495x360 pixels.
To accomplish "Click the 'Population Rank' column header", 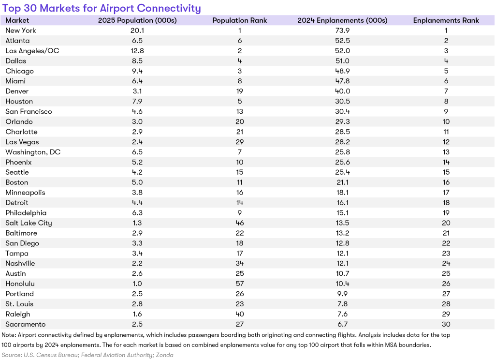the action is pyautogui.click(x=240, y=20).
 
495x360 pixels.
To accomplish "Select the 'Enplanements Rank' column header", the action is pyautogui.click(x=446, y=20).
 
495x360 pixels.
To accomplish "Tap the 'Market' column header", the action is pyautogui.click(x=17, y=20).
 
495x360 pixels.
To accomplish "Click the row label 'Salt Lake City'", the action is pyautogui.click(x=29, y=223).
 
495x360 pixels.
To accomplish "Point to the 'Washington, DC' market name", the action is pyautogui.click(x=33, y=152).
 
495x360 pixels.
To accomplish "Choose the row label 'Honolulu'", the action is pyautogui.click(x=20, y=284).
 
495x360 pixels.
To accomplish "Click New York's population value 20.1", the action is pyautogui.click(x=137, y=30).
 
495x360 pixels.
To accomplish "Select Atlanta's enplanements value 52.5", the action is pyautogui.click(x=343, y=41).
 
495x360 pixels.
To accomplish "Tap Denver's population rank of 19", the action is pyautogui.click(x=240, y=91).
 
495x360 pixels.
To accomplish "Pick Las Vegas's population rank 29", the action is pyautogui.click(x=240, y=142).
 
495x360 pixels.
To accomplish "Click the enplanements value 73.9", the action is pyautogui.click(x=343, y=30).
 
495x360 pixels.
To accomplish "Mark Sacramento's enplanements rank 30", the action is pyautogui.click(x=446, y=324).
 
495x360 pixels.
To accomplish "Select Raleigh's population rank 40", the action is pyautogui.click(x=240, y=314).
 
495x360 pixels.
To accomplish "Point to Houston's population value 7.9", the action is pyautogui.click(x=137, y=101).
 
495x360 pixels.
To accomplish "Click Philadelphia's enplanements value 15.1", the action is pyautogui.click(x=343, y=213).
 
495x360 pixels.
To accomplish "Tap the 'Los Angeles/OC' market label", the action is pyautogui.click(x=32, y=51).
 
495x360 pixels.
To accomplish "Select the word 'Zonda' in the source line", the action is pyautogui.click(x=164, y=355).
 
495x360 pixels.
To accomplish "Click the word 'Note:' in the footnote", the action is pyautogui.click(x=9, y=335).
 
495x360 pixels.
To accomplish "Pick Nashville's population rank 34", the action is pyautogui.click(x=240, y=263).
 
